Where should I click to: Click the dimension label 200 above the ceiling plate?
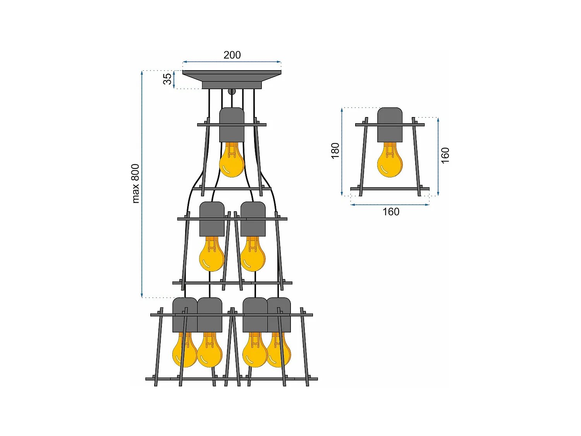tap(232, 55)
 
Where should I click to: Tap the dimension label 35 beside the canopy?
tap(167, 79)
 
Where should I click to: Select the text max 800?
tap(135, 184)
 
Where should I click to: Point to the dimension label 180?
tap(335, 151)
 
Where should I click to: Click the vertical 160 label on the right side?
tap(445, 155)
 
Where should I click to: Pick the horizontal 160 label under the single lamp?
tap(391, 212)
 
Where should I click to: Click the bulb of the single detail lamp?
tap(390, 161)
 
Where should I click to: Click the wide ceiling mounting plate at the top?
tap(232, 72)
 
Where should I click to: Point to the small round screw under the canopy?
tap(232, 91)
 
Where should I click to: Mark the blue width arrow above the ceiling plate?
tap(232, 62)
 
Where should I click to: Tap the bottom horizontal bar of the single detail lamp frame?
tap(390, 189)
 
